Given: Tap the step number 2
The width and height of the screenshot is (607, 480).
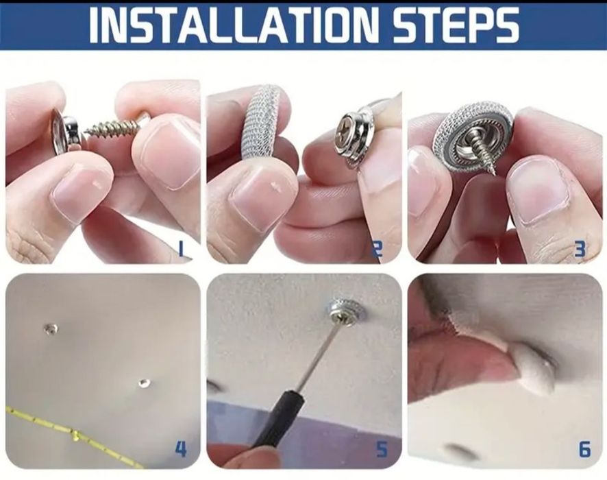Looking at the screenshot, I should tap(377, 250).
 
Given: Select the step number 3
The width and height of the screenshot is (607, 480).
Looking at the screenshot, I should tap(580, 250).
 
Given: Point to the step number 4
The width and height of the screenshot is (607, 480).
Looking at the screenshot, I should tap(181, 449).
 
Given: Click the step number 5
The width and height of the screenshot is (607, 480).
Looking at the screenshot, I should tap(382, 449).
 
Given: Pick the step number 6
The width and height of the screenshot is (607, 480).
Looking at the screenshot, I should tap(584, 449).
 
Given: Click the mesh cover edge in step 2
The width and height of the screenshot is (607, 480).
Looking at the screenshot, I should tap(260, 120).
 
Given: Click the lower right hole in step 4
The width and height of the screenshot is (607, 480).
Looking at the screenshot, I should tap(143, 383).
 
